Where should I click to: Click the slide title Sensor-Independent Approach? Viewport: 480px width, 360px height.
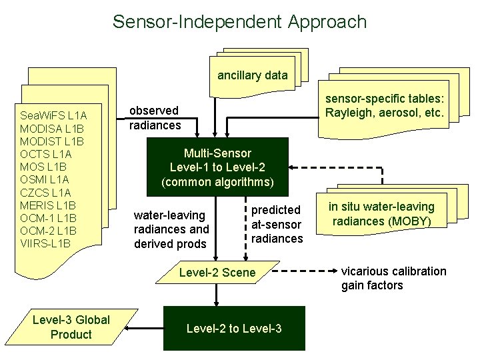coord(239,21)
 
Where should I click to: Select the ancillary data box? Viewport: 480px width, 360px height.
coord(252,75)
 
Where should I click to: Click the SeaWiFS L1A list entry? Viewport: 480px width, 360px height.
coord(54,115)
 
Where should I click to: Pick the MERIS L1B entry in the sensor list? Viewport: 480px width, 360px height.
coord(49,205)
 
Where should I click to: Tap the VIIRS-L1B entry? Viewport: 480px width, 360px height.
coord(46,243)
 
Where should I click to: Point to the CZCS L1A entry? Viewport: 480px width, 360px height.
coord(46,192)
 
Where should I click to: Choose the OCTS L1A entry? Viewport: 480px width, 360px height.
coord(46,154)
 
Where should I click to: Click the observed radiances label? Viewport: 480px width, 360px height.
coord(154,117)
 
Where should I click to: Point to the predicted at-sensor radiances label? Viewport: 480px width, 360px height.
coord(277,224)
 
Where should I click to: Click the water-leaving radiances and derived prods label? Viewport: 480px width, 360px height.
coord(171,229)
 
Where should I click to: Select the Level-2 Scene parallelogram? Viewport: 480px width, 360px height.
coord(217,272)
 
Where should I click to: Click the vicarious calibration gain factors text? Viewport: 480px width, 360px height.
coord(393,278)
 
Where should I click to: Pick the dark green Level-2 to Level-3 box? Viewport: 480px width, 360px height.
coord(234,328)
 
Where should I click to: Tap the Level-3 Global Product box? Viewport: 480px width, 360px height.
coord(71,327)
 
